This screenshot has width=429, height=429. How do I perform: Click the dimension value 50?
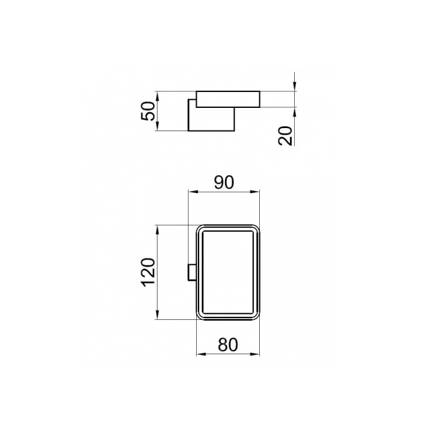point(148,111)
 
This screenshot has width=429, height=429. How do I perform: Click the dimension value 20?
point(285,134)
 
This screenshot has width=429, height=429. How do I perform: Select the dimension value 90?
point(224,182)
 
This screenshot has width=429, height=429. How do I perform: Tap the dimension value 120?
point(148,273)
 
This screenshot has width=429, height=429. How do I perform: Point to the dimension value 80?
point(227,344)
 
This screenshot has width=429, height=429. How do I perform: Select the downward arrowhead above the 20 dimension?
point(295,88)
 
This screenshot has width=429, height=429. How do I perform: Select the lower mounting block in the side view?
point(211,120)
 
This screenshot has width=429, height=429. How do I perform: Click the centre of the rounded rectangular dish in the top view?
point(227,273)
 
